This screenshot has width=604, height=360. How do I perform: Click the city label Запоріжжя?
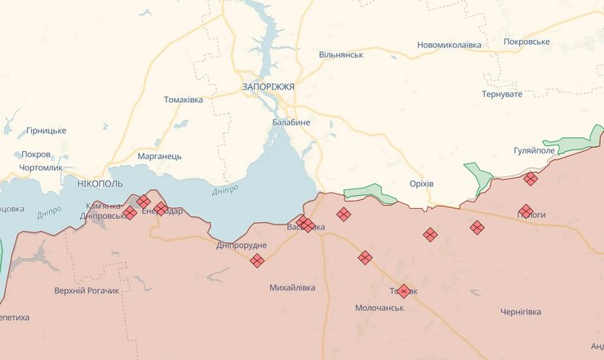pos(268,86)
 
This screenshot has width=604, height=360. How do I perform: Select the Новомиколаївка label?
pos(449,45)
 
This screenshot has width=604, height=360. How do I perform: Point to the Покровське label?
pos(526,42)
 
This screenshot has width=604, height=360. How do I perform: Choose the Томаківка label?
pos(183,100)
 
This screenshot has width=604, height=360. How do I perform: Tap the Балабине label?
pos(291,122)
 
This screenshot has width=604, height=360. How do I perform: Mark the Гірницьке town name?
pos(46,131)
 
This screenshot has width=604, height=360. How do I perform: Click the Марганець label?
pos(159,156)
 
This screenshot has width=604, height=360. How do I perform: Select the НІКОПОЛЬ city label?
pos(100,184)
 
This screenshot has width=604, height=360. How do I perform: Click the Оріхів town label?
pos(421,183)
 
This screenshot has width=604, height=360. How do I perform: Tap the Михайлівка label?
pos(294,288)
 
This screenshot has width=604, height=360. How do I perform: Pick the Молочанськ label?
pos(380,308)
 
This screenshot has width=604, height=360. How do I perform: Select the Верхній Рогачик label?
pos(87,291)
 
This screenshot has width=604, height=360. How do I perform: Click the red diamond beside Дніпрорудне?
pos(257,261)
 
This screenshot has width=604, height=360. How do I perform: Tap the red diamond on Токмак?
pos(403,291)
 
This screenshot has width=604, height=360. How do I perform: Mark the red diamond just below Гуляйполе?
pos(531,178)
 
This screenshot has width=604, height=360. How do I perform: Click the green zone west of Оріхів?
pos(369,193)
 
